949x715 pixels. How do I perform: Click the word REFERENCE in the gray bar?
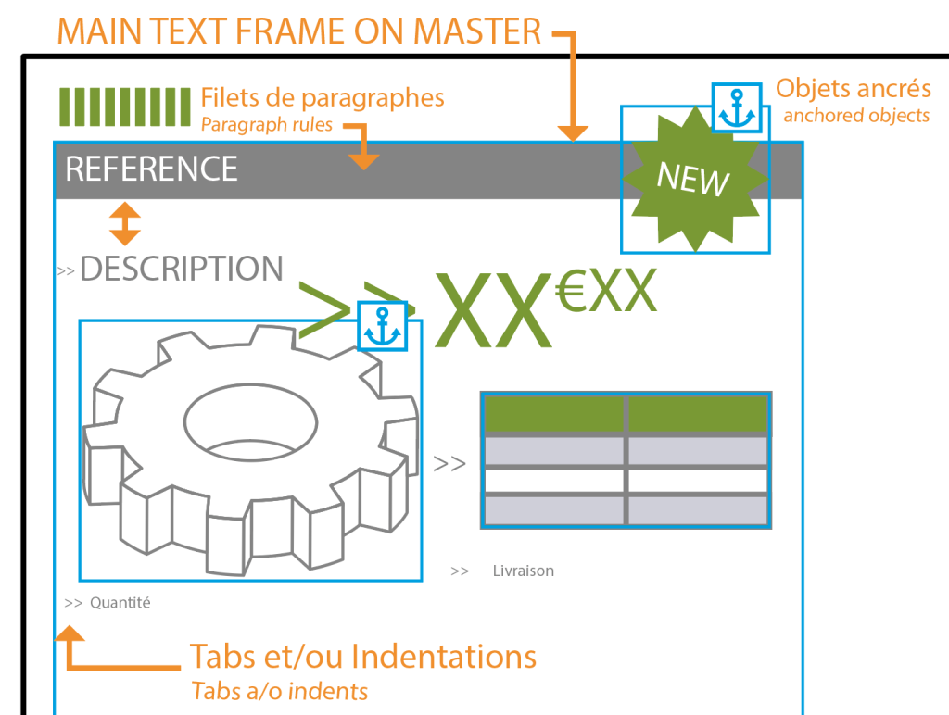coord(151,169)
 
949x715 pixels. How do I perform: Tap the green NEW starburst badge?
coord(693,179)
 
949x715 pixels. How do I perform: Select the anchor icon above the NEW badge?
coord(737,107)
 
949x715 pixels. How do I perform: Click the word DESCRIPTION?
coord(181,269)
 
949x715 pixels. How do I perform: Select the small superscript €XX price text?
coord(606,293)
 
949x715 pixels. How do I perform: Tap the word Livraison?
coord(523,571)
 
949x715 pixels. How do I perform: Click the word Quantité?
coord(120,603)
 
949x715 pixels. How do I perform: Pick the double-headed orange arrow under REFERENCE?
coord(125,224)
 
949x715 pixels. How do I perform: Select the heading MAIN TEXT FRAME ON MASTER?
coord(298,31)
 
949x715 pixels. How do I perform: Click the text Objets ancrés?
coord(853,89)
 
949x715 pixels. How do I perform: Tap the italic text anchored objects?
coord(855,116)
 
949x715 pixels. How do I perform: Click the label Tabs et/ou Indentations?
coord(362,657)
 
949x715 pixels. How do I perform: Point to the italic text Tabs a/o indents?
coord(279,691)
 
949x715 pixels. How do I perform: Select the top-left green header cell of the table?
coord(553,415)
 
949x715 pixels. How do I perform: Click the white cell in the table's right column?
coord(697,481)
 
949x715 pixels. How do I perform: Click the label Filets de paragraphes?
coord(322,97)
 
